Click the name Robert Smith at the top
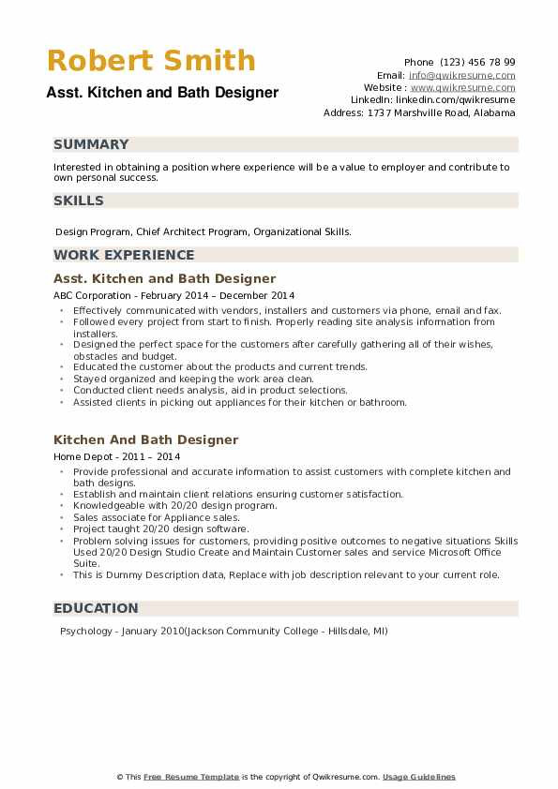(150, 61)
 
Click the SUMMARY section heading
(91, 144)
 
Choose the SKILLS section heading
(79, 201)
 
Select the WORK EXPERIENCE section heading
(124, 255)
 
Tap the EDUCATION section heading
(96, 608)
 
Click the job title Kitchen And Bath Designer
(146, 439)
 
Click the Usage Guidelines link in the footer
(419, 777)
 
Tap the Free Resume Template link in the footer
(191, 777)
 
